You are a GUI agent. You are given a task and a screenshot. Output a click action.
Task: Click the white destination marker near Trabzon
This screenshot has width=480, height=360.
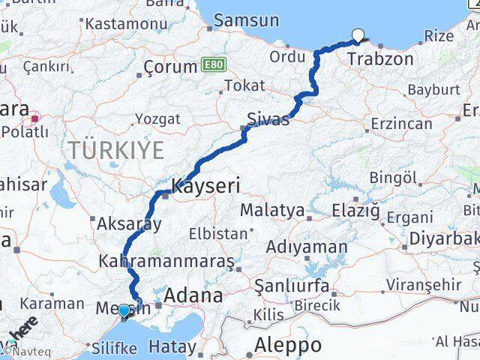[358, 34]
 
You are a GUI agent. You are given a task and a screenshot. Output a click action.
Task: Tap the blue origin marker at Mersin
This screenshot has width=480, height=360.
[124, 309]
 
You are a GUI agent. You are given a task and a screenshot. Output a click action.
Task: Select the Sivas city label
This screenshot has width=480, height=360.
[268, 118]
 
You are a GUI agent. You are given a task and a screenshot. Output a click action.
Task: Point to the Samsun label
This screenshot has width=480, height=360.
[246, 20]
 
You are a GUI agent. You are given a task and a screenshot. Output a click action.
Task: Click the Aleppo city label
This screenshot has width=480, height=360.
[288, 345]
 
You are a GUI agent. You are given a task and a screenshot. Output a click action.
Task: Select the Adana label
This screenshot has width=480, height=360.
[194, 295]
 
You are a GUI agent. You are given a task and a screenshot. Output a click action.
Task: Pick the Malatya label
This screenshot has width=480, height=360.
[272, 211]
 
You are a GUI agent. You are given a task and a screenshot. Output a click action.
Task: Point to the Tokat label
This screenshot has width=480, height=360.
[244, 85]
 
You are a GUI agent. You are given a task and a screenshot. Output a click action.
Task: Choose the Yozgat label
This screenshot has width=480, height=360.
[157, 118]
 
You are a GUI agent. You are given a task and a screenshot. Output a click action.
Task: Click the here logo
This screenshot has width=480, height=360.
[22, 330]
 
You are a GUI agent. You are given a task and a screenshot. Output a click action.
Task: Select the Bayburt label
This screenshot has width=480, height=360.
[433, 90]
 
